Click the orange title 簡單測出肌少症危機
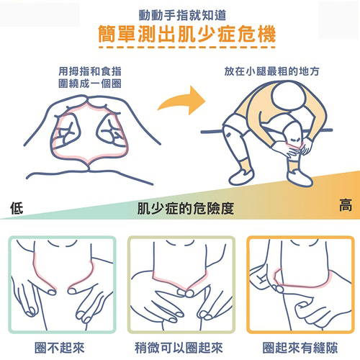[186, 34]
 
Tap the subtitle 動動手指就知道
[183, 15]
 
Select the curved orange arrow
[182, 100]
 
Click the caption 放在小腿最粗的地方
[271, 71]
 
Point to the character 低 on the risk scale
[17, 208]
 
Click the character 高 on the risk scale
[346, 205]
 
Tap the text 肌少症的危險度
[186, 208]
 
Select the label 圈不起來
[60, 348]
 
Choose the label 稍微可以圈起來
[179, 348]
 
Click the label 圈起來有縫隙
[300, 348]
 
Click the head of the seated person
[289, 95]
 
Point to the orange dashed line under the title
[187, 48]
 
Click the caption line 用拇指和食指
[90, 71]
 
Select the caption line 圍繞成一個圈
[90, 84]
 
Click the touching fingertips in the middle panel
[186, 293]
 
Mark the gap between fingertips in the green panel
[62, 292]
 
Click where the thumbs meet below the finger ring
[89, 168]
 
